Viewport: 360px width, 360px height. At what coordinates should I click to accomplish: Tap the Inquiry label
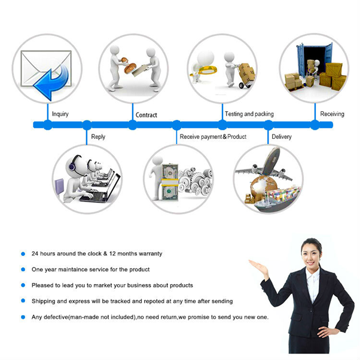[x=60, y=114]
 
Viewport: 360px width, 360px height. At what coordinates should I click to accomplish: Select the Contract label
[x=147, y=115]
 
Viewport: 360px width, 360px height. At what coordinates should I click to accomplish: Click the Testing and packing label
[x=249, y=114]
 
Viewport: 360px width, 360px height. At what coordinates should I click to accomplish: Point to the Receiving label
[x=332, y=114]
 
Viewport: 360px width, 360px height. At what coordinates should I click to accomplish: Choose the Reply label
[x=98, y=137]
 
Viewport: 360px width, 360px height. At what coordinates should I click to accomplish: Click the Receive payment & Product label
[x=213, y=136]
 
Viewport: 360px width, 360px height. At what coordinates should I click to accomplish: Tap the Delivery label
[x=282, y=137]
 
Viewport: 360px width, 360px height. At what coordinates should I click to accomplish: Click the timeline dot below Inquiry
[x=47, y=125]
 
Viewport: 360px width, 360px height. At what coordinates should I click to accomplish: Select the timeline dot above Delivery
[x=268, y=125]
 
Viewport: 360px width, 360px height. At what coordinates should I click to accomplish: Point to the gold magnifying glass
[x=205, y=71]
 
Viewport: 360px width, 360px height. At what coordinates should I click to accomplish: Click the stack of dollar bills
[x=170, y=182]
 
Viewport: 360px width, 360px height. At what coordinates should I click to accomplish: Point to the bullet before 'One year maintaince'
[x=23, y=269]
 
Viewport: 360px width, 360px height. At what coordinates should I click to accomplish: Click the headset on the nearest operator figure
[x=74, y=163]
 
